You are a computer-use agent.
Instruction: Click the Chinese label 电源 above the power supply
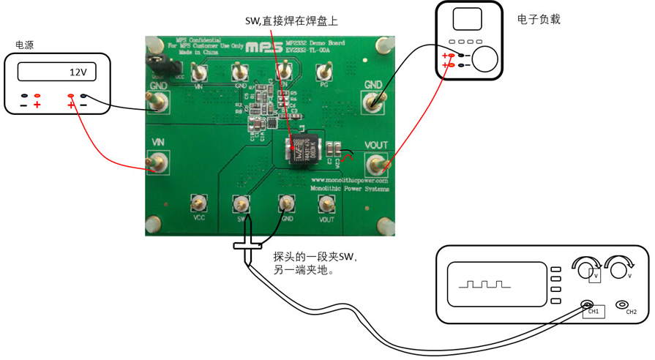click(24, 45)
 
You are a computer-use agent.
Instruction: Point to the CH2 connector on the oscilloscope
click(623, 304)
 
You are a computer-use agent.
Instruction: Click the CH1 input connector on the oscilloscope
click(586, 304)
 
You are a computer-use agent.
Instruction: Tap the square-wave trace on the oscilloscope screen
click(481, 282)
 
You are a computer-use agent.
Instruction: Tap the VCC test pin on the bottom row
click(197, 203)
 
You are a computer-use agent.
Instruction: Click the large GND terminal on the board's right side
click(373, 101)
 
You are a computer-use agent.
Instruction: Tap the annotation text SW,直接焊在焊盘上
click(291, 20)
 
